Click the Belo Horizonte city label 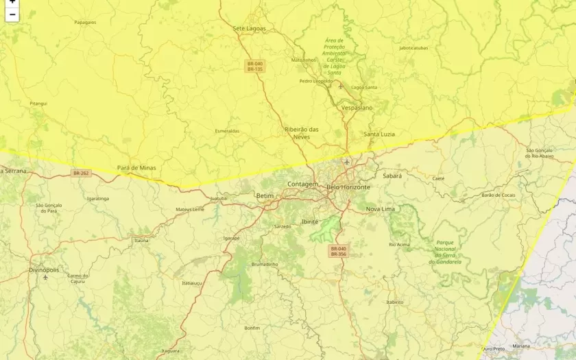348,187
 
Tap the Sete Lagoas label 249,29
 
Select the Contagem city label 302,184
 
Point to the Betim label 265,195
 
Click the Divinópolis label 44,269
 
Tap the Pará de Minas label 136,167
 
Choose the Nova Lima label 380,208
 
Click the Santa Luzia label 379,134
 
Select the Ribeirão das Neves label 301,133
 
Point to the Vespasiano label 357,108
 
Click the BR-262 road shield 81,173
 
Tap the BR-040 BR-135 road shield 255,66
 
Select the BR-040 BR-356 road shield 338,251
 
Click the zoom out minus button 12,14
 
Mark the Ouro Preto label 494,348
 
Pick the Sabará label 392,176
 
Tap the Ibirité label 311,221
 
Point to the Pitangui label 38,104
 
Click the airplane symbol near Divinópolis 46,278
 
